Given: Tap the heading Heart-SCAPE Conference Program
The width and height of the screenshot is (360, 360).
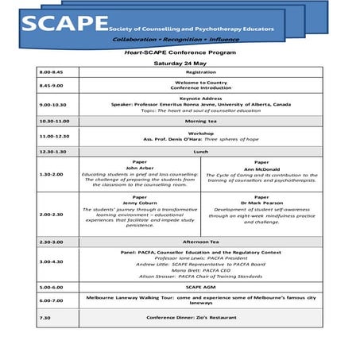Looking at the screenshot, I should click(x=179, y=52).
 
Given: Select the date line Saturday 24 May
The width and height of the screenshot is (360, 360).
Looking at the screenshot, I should click(x=179, y=62).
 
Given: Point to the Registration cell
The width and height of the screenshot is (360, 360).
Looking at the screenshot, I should click(x=201, y=72).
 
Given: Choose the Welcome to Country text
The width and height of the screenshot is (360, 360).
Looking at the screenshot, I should click(x=201, y=82).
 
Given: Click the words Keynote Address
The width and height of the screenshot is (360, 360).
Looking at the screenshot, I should click(x=201, y=98).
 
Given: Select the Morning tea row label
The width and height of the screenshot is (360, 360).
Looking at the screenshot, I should click(x=201, y=121).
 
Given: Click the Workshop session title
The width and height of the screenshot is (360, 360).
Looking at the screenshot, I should click(x=201, y=133).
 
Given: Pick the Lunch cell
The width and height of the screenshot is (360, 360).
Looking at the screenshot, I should click(x=201, y=151).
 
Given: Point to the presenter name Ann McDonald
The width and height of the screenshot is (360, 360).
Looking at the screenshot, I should click(x=261, y=168).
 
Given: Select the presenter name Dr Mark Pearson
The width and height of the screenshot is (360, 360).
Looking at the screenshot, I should click(x=261, y=203).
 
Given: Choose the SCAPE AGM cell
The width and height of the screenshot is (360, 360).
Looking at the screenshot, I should click(x=201, y=286).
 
